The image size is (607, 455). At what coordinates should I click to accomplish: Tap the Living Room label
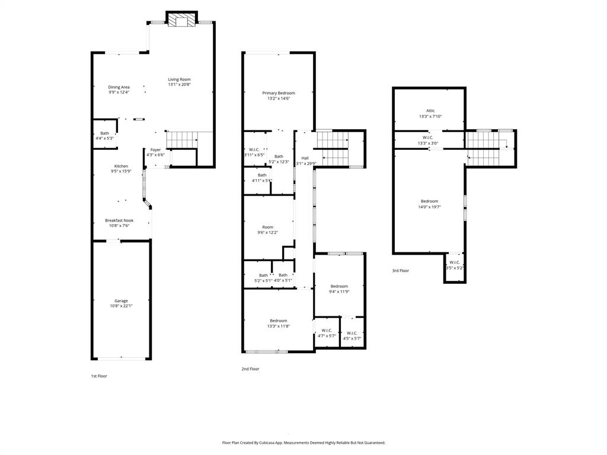point(179,79)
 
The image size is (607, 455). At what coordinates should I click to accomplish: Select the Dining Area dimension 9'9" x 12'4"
point(119,92)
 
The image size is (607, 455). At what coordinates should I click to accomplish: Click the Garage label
point(121,301)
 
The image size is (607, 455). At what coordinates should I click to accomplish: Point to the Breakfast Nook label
point(119,220)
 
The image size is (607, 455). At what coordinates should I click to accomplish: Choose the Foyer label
point(155,150)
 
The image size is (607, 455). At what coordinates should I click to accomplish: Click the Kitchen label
point(121,166)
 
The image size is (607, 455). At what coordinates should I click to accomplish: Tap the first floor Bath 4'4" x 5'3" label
point(104,133)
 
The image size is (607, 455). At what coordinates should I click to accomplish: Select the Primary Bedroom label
point(279,93)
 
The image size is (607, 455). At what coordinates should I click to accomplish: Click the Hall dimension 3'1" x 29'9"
point(306,164)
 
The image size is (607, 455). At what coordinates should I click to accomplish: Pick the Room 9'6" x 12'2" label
point(268,227)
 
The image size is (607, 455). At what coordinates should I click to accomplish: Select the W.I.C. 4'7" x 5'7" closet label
point(327,331)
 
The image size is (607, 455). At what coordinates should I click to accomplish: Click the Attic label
point(430,111)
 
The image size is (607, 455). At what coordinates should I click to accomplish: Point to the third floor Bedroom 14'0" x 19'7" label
point(429,201)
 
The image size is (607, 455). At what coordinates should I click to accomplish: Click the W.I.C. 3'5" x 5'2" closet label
point(455,262)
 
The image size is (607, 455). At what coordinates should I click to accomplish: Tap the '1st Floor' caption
point(99,376)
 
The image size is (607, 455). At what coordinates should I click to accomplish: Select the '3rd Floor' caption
point(400,271)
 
